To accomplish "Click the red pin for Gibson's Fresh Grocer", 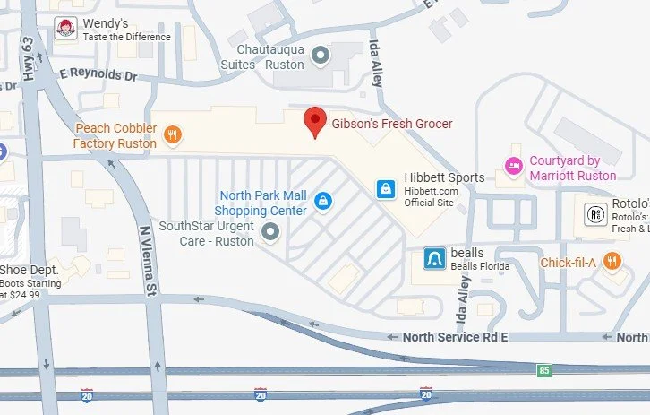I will tap(314, 121).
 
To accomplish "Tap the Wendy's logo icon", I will tap(64, 29).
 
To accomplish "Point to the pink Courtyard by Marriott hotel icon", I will tap(513, 165).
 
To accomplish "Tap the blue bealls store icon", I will tap(434, 260).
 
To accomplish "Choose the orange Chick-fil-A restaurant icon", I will tap(612, 263).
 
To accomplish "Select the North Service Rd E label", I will tap(456, 337).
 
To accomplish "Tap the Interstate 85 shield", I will tap(544, 368).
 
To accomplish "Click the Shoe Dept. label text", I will tap(30, 270).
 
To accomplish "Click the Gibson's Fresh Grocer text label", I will tap(392, 124).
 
